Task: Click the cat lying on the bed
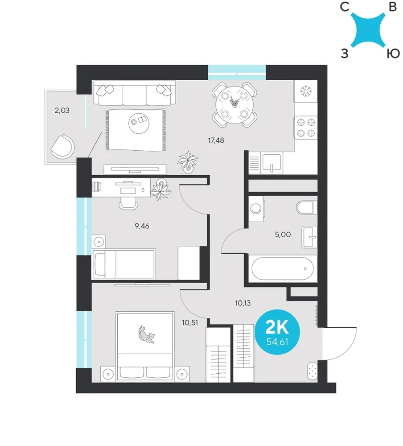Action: (x=147, y=334)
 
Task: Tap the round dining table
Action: (x=234, y=105)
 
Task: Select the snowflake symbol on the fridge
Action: (x=306, y=91)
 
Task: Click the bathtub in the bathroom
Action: (x=283, y=269)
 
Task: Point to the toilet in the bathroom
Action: (x=306, y=208)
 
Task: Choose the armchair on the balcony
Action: (x=63, y=147)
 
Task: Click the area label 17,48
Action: (x=216, y=140)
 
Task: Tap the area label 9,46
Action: (x=142, y=226)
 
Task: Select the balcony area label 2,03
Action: (x=62, y=110)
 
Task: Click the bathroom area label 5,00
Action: (x=283, y=235)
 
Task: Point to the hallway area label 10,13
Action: (x=243, y=303)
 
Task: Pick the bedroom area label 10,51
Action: (x=190, y=323)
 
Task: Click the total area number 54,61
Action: (x=277, y=342)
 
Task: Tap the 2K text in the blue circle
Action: (x=277, y=327)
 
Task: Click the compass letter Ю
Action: (x=393, y=53)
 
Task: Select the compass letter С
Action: (x=345, y=7)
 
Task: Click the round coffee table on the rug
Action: (x=139, y=123)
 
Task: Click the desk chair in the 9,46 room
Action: (x=128, y=202)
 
